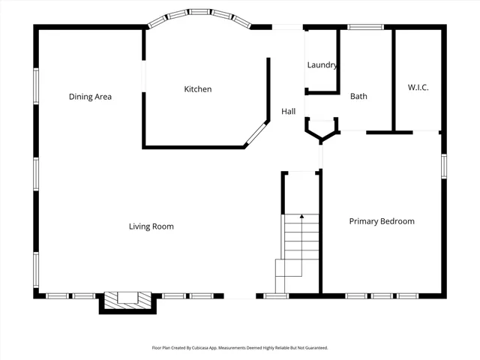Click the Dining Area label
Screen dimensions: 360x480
click(x=90, y=97)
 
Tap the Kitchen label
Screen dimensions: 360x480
click(x=198, y=89)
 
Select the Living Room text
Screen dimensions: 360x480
click(x=151, y=226)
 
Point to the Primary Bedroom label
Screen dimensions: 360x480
click(x=382, y=221)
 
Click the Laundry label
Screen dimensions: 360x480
click(x=322, y=65)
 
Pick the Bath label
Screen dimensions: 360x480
click(x=358, y=96)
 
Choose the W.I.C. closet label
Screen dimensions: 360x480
click(x=418, y=88)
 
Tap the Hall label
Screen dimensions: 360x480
click(x=288, y=112)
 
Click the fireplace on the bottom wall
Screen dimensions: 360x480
click(x=127, y=299)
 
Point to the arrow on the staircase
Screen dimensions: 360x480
click(x=301, y=217)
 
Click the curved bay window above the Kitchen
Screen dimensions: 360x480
click(x=198, y=16)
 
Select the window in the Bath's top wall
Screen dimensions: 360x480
click(x=366, y=28)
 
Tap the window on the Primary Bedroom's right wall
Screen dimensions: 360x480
click(x=444, y=166)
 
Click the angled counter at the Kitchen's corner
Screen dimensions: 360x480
click(x=256, y=132)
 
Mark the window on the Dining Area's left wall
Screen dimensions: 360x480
click(x=35, y=85)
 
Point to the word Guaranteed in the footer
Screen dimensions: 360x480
click(x=315, y=348)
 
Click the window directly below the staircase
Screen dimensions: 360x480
click(x=276, y=296)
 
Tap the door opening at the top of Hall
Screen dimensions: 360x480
click(x=287, y=28)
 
